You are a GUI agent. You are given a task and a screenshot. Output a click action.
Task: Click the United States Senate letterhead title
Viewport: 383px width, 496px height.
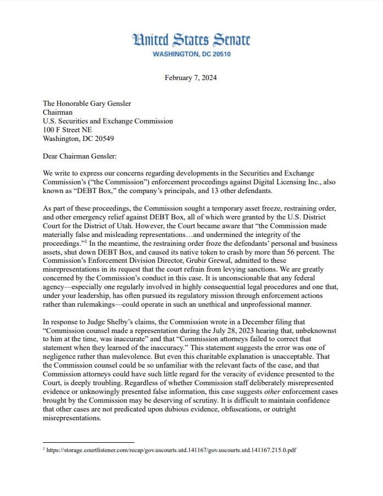(x=191, y=40)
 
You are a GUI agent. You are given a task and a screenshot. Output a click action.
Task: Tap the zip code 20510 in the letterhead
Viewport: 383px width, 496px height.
(x=219, y=54)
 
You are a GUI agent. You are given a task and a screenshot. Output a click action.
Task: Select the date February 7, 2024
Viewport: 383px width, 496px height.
(x=190, y=77)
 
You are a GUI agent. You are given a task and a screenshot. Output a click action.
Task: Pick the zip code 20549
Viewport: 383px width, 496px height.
(x=103, y=139)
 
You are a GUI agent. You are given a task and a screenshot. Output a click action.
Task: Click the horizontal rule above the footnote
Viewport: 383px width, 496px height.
(x=88, y=442)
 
